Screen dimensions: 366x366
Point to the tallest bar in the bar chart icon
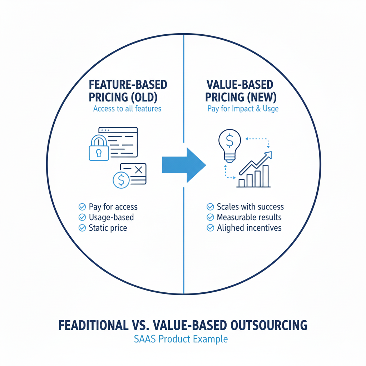(x=265, y=176)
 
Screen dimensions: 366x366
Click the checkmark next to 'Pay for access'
(x=82, y=207)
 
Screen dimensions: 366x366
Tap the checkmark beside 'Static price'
(x=82, y=228)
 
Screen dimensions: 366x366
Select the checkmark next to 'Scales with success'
(x=211, y=207)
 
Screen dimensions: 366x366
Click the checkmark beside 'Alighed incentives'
(x=211, y=228)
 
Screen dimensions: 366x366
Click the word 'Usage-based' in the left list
(x=111, y=217)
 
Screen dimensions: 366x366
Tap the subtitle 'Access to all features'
(x=127, y=108)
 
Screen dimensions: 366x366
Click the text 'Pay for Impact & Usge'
(x=243, y=109)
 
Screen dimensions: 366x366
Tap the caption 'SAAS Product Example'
(x=181, y=338)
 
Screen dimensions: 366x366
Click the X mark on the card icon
(x=139, y=170)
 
